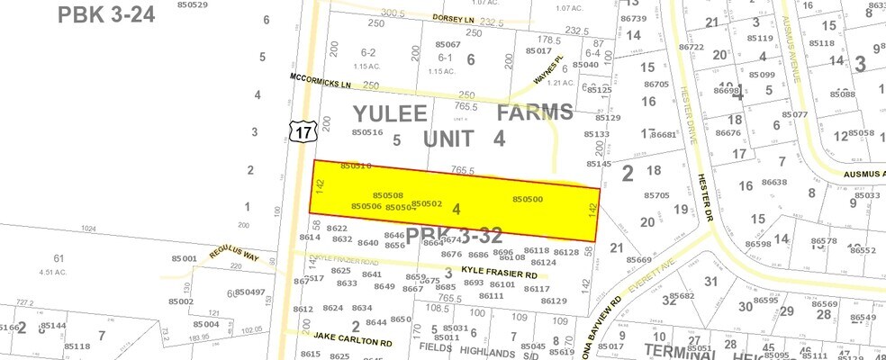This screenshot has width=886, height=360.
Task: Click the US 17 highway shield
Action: pos(303,132)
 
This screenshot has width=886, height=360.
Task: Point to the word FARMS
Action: pos(535,113)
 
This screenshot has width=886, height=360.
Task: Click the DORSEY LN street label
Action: pos(454,19)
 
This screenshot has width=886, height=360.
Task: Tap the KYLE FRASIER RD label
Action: pos(499,273)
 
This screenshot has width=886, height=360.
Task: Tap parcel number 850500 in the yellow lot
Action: pos(527,199)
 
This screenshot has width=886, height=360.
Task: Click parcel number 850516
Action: pos(367,133)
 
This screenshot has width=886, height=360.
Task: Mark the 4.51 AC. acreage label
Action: pos(54,272)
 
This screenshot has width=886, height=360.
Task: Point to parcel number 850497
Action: pos(249,292)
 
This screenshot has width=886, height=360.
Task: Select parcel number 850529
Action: pos(192,5)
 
